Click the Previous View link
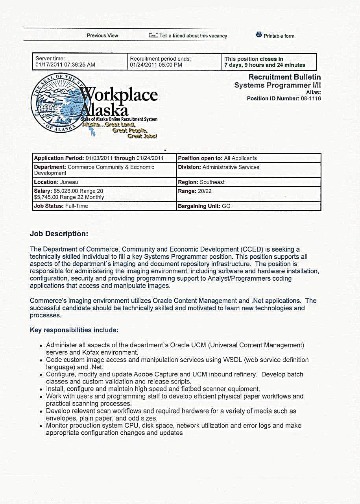(x=102, y=35)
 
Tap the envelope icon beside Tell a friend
(x=153, y=35)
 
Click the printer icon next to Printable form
(x=259, y=35)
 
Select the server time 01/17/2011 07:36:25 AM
(x=65, y=65)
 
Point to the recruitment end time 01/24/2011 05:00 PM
(x=156, y=65)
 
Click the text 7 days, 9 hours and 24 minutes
(x=265, y=65)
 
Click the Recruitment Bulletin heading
(x=284, y=77)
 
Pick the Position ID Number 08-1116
(x=311, y=98)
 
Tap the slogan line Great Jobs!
(x=142, y=136)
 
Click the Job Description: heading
(x=59, y=234)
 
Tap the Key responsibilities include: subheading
(x=74, y=330)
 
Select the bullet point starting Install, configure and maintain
(x=153, y=389)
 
